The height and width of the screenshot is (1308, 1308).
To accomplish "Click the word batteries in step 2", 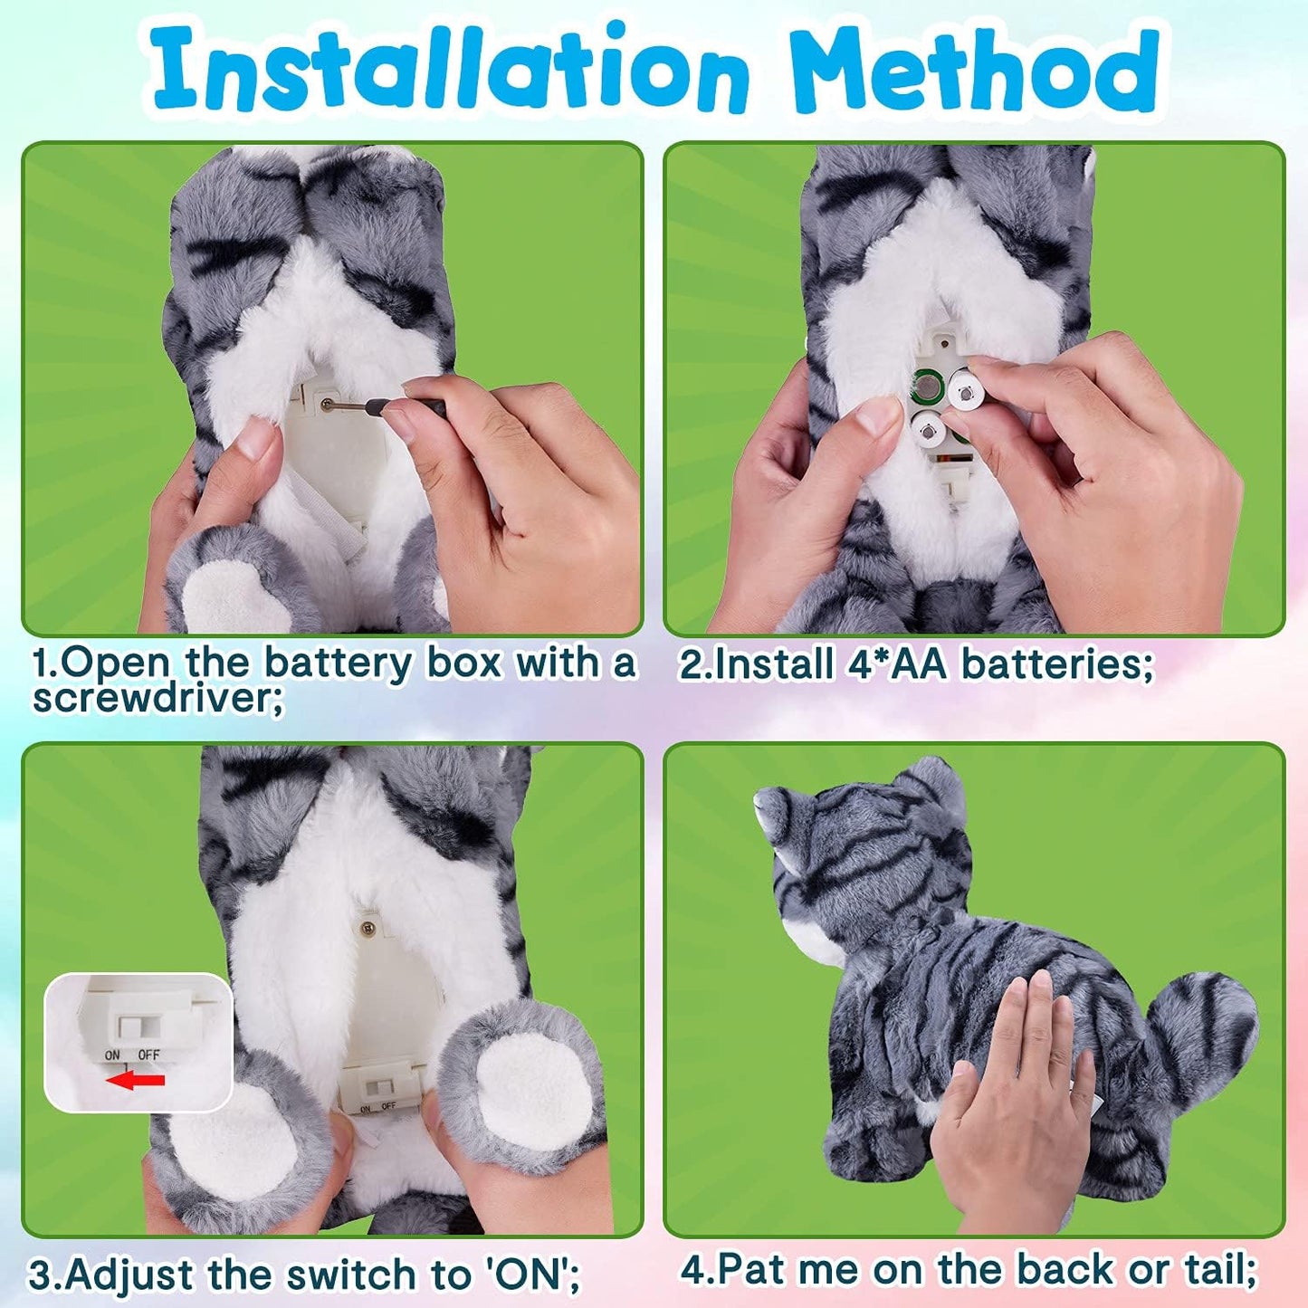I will [1055, 664].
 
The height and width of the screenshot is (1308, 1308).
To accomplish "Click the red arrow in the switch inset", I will [136, 1079].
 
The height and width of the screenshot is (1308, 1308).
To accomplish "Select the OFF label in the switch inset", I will [148, 1055].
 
